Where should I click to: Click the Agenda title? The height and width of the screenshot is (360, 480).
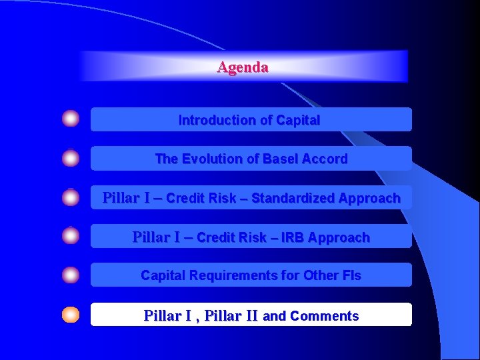tap(243, 67)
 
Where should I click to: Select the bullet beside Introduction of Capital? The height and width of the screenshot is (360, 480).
tap(71, 119)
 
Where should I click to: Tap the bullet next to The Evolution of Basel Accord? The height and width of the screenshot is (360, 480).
tap(71, 158)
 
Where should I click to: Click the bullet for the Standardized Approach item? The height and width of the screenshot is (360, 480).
tap(71, 197)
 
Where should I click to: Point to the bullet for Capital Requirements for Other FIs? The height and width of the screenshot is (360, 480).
tap(71, 275)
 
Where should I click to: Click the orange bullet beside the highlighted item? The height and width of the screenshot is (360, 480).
tap(71, 315)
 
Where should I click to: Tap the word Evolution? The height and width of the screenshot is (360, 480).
tap(211, 159)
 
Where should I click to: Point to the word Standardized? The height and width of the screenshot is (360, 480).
tap(293, 199)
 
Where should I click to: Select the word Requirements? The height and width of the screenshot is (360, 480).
tap(227, 275)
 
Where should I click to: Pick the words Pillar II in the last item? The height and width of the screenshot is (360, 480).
tap(231, 316)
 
